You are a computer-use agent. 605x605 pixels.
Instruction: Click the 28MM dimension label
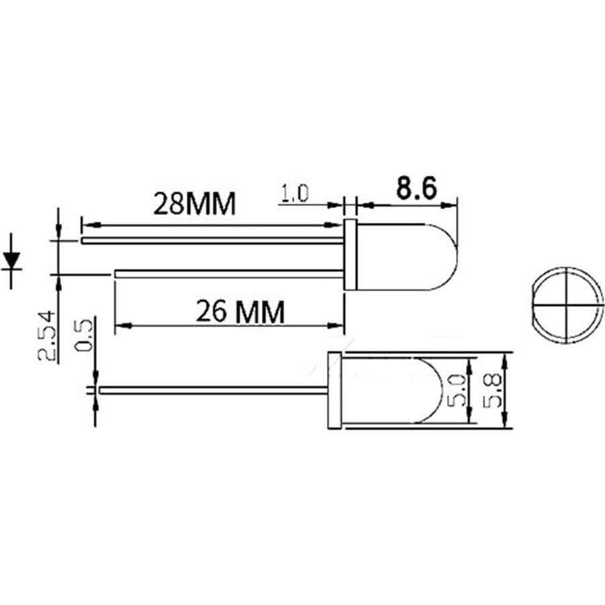pos(194,203)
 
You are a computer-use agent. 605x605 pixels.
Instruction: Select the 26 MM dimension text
pos(240,311)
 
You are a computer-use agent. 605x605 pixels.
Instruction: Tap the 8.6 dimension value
pos(416,190)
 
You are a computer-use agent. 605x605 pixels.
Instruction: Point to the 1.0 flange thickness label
pos(293,195)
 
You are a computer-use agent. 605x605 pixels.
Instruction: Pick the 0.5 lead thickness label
pos(85,335)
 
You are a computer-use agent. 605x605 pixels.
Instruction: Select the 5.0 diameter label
pos(459,389)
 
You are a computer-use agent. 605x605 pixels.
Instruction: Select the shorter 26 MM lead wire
pos(228,273)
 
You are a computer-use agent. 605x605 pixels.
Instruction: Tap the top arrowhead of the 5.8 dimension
pos(507,358)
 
